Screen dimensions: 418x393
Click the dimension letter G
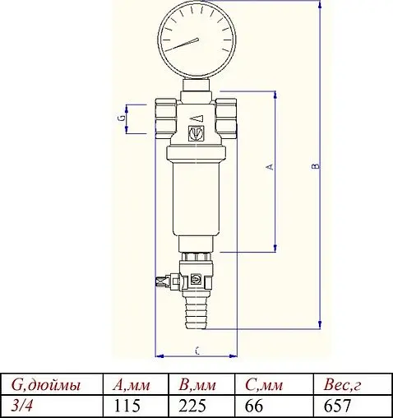point(122,118)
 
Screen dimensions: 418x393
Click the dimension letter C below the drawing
point(196,351)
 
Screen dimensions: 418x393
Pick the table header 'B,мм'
point(197,385)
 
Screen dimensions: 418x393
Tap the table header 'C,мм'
point(264,385)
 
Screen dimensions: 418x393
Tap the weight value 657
point(338,406)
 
